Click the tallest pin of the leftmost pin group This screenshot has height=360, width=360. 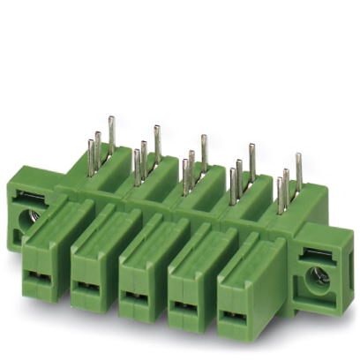(x=111, y=132)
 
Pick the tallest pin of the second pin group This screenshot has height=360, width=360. (x=157, y=141)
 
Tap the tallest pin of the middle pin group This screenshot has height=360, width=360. (x=204, y=151)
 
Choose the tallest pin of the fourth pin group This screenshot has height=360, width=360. (x=251, y=160)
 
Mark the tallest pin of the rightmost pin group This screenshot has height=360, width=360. (x=298, y=170)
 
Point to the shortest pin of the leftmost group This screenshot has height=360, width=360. (x=90, y=155)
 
